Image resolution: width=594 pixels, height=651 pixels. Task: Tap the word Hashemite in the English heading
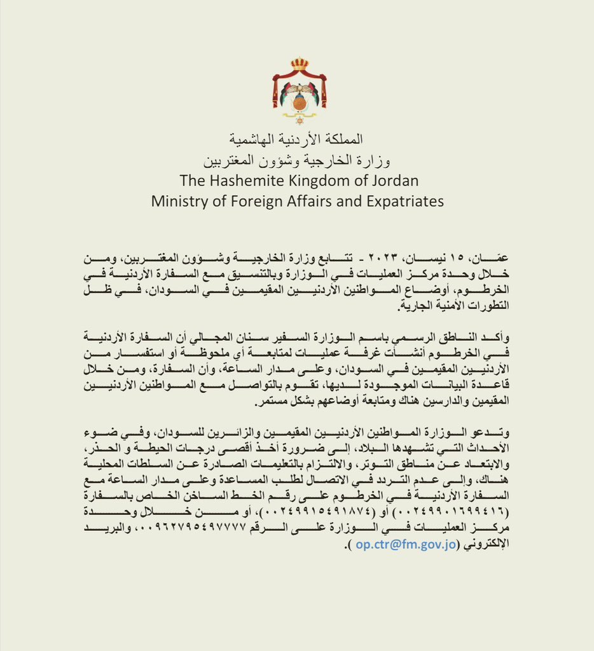pyautogui.click(x=244, y=180)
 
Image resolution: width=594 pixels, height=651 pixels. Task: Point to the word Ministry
pyautogui.click(x=179, y=201)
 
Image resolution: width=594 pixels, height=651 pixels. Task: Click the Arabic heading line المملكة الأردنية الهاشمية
pyautogui.click(x=299, y=139)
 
